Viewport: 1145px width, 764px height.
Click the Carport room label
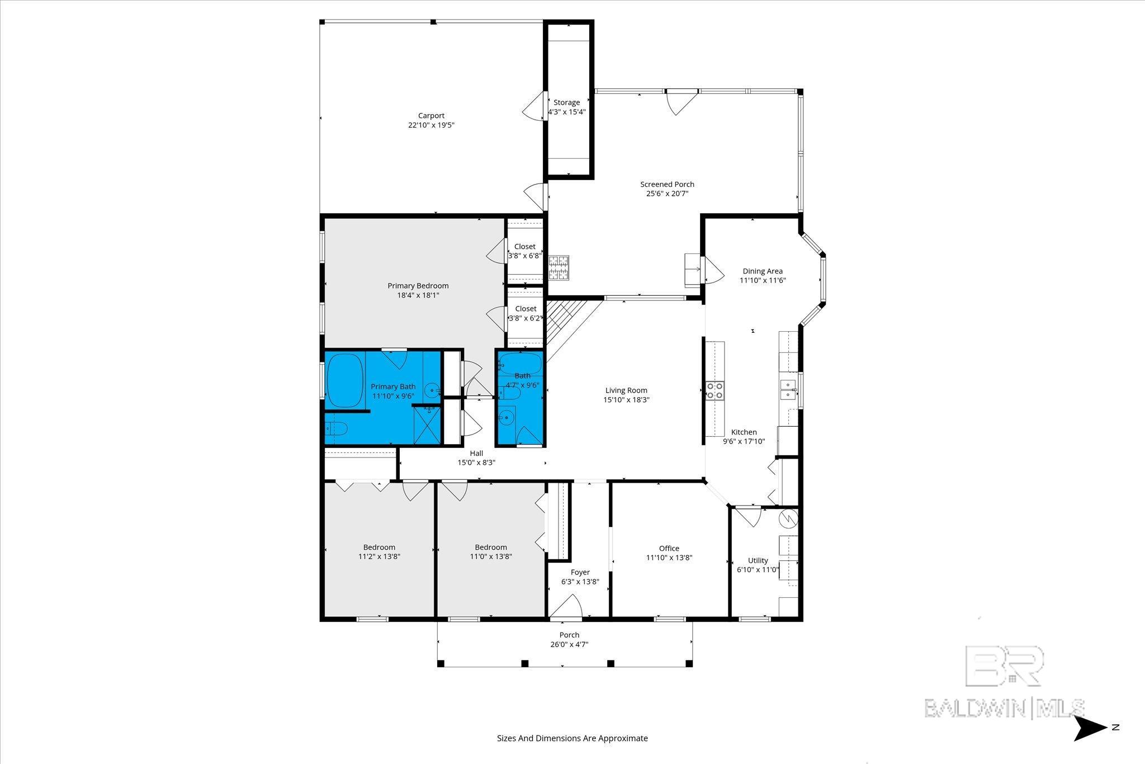point(431,116)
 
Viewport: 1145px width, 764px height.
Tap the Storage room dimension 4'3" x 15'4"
point(567,112)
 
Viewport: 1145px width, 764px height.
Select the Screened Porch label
point(667,184)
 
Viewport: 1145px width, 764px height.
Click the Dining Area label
point(763,271)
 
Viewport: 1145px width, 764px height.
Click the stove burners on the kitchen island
point(715,390)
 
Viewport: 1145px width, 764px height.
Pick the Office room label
point(669,548)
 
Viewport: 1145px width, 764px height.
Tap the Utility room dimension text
point(758,570)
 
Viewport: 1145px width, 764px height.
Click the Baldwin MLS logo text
point(1004,708)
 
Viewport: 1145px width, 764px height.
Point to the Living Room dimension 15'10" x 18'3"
point(626,400)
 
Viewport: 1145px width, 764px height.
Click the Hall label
point(476,453)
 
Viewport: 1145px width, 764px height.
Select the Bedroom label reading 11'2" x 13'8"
point(379,557)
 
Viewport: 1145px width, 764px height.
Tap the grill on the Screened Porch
point(558,267)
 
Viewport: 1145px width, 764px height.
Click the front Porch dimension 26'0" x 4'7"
point(569,644)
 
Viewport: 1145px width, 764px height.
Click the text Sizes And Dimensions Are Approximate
point(572,738)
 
